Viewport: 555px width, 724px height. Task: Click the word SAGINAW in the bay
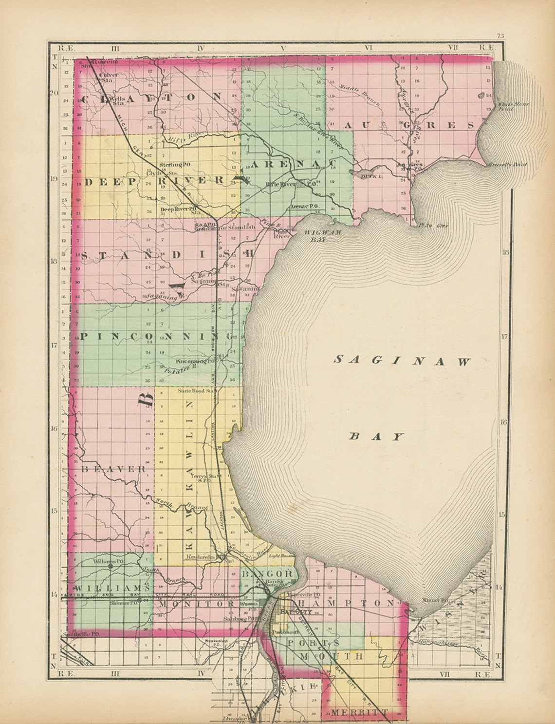(x=402, y=361)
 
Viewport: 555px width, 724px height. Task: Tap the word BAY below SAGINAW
(x=377, y=437)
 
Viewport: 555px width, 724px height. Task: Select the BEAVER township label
(x=113, y=469)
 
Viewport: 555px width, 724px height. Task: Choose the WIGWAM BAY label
(x=322, y=235)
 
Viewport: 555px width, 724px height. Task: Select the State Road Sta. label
(x=196, y=391)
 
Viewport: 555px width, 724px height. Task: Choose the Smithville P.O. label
(x=81, y=634)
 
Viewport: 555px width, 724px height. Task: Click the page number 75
(x=500, y=36)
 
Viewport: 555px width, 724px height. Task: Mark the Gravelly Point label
(x=507, y=165)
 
